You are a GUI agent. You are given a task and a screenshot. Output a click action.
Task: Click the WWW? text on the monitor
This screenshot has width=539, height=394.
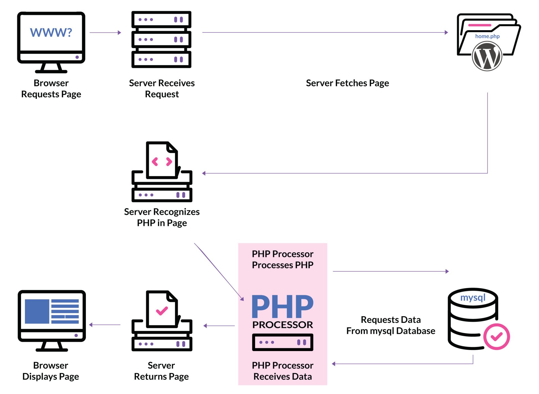(x=51, y=32)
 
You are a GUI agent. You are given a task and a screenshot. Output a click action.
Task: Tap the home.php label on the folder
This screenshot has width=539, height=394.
(x=487, y=36)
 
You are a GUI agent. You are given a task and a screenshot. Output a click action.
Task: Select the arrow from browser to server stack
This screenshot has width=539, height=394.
(x=105, y=33)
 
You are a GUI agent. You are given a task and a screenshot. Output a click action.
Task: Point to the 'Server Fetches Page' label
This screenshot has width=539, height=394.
(x=347, y=83)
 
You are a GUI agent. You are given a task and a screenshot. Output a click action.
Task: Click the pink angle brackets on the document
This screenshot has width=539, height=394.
(x=162, y=162)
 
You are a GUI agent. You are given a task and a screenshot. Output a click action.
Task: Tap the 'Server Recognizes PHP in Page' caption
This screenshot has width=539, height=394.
(x=162, y=217)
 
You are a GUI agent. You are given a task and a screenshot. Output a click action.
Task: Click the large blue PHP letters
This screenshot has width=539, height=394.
(x=283, y=307)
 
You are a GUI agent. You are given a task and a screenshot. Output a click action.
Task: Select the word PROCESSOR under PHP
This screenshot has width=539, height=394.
(x=283, y=325)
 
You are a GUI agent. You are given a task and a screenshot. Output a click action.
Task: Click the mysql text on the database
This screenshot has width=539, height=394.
(x=473, y=298)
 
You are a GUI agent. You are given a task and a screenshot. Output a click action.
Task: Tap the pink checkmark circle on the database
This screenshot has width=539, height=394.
(x=496, y=337)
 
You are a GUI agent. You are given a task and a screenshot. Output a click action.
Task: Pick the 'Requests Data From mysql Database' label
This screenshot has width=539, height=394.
(x=391, y=325)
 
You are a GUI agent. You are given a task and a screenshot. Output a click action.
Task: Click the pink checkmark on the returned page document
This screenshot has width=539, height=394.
(x=162, y=311)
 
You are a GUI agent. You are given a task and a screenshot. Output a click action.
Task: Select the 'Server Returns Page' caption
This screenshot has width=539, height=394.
(x=161, y=371)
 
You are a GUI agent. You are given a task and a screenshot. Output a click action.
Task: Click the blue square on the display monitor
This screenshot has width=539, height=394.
(x=37, y=311)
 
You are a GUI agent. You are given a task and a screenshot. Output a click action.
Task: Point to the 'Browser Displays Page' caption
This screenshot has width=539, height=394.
(x=51, y=371)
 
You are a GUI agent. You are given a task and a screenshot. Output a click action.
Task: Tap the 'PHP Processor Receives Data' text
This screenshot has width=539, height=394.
(x=283, y=371)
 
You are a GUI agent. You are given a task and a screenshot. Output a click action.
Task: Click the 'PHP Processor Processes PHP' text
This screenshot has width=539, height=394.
(x=283, y=259)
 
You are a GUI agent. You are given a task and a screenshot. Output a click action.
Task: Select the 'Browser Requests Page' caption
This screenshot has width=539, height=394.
(x=51, y=89)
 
